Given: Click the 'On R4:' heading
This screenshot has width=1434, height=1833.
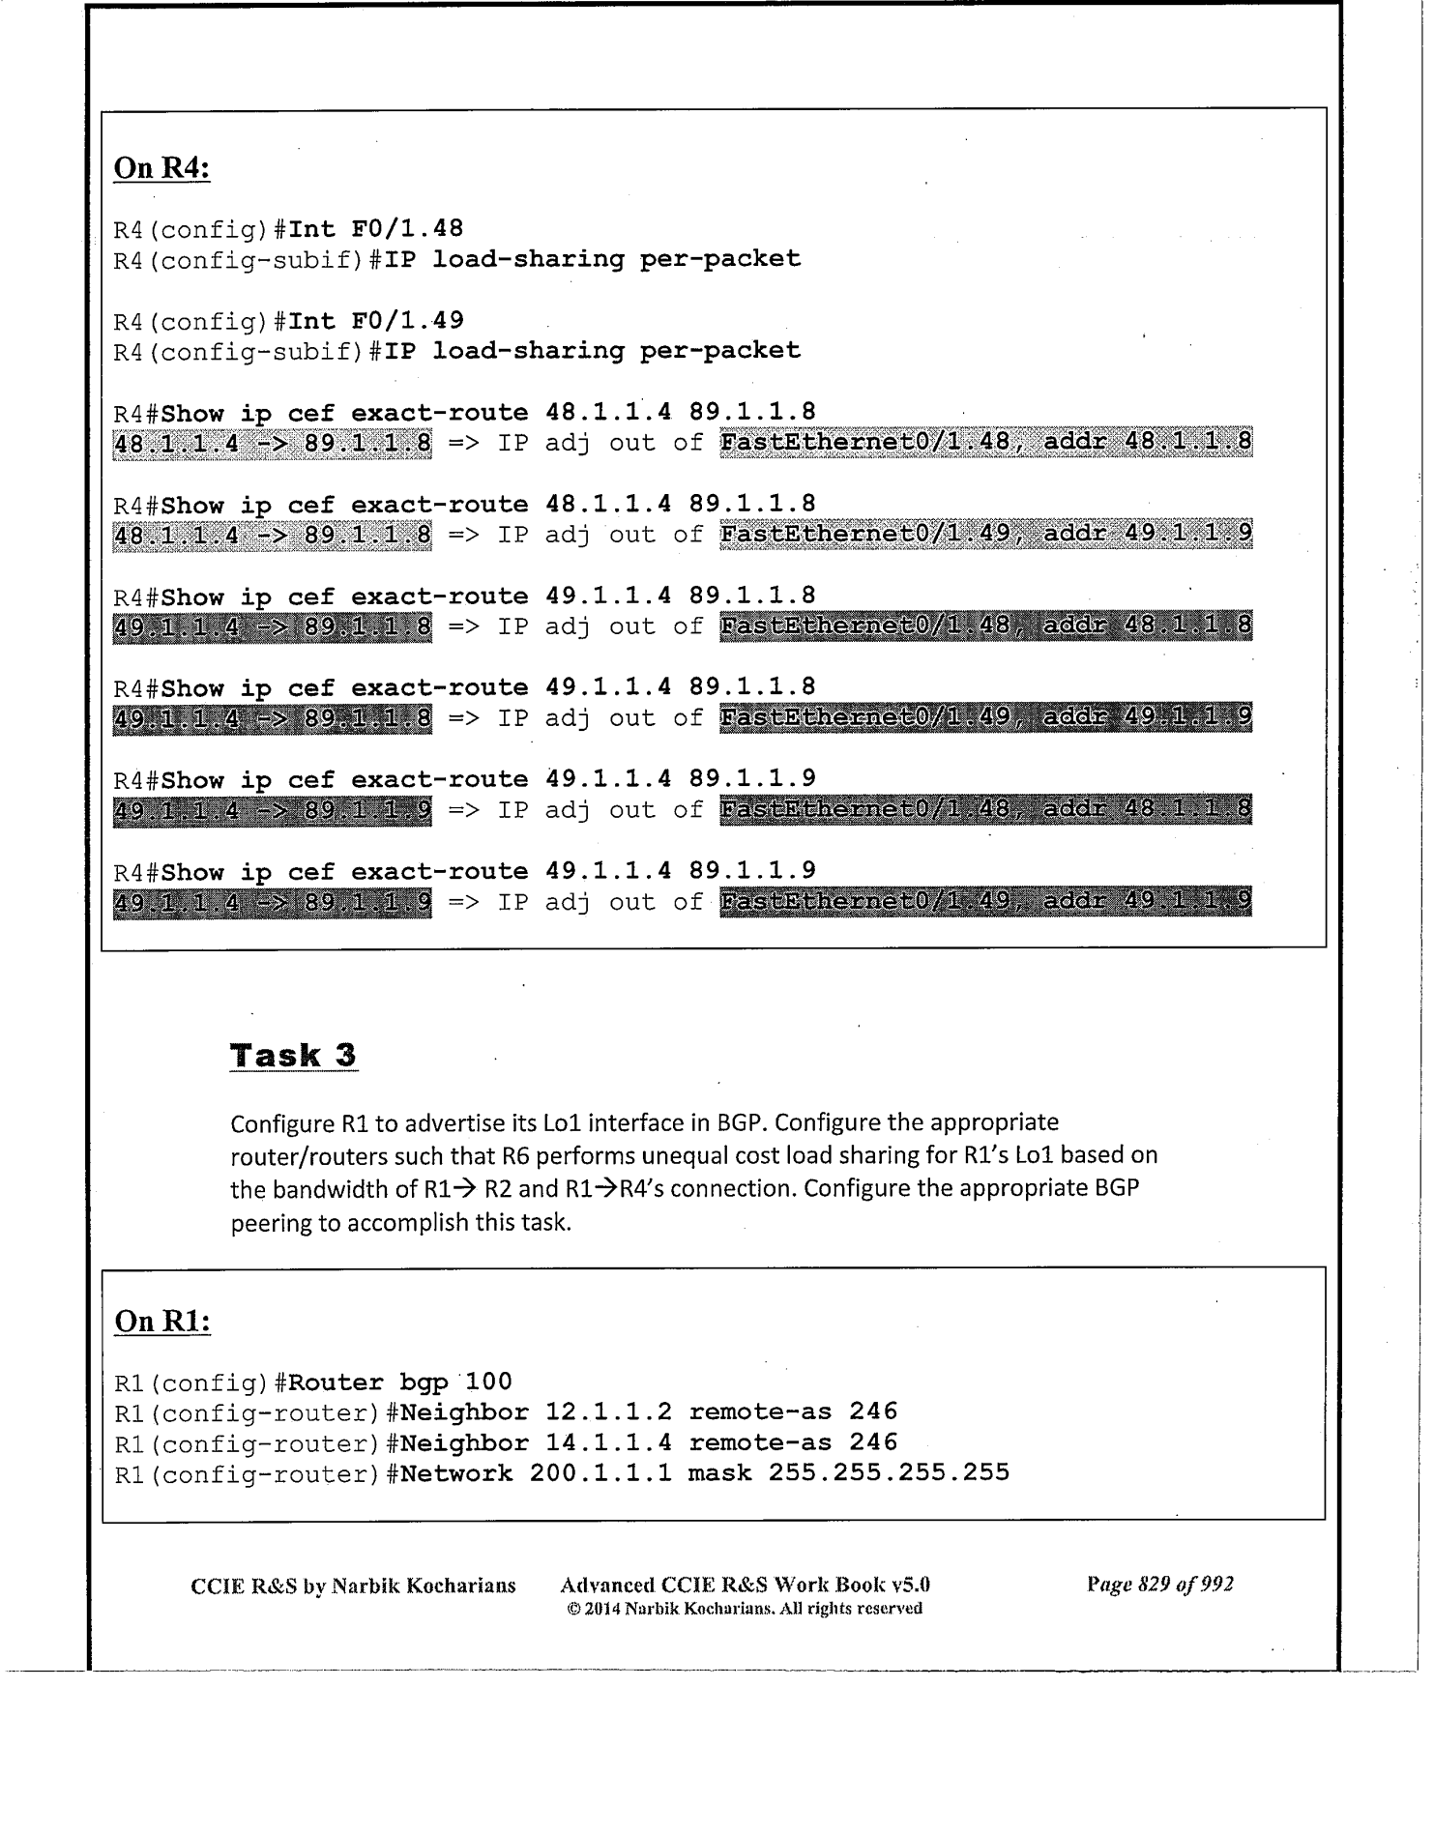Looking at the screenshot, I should point(161,168).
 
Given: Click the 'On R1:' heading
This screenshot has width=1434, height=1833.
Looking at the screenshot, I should point(161,1321).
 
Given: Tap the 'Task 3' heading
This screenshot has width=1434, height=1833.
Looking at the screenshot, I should point(293,1055).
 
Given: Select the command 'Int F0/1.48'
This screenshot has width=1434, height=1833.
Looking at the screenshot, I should point(376,229).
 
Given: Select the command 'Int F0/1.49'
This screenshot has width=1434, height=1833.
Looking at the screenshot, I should point(376,320).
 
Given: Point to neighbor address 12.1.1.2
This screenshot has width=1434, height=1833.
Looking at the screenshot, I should point(608,1412).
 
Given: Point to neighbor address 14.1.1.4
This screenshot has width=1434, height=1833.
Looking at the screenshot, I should point(608,1442).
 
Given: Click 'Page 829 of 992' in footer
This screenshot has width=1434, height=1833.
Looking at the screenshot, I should point(1160,1585).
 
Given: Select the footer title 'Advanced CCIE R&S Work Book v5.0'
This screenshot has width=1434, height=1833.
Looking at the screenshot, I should point(745,1586).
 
